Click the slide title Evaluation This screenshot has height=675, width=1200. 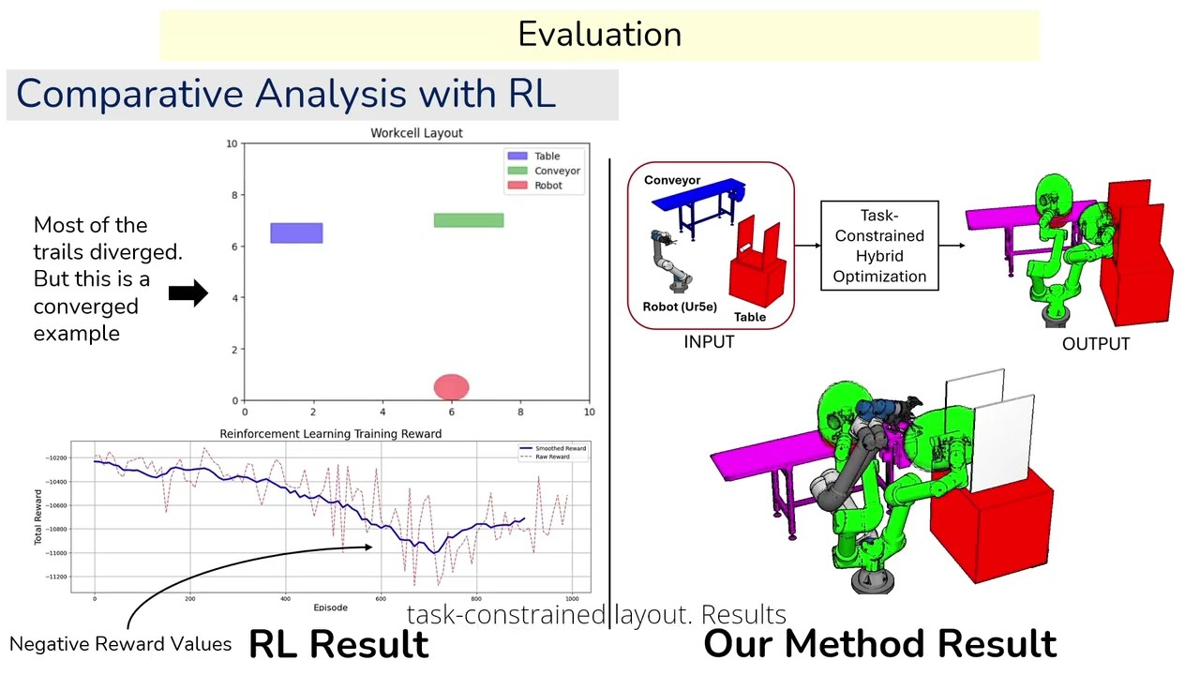tap(599, 35)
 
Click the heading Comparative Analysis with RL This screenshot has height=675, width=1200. tap(286, 94)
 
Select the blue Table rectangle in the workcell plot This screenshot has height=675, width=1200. tap(296, 233)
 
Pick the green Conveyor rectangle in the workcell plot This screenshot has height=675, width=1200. tap(468, 220)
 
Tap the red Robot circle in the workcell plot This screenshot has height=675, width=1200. tap(451, 387)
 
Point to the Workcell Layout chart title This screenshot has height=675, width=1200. tap(416, 133)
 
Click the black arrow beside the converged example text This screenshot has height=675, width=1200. tap(188, 293)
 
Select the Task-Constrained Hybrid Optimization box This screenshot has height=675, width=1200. tap(879, 246)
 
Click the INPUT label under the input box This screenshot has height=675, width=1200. tap(709, 342)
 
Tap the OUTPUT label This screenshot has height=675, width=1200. tap(1095, 344)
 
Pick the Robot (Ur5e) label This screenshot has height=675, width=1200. tap(680, 307)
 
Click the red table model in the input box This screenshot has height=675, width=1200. tap(757, 267)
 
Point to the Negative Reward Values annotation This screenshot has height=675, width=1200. tap(120, 644)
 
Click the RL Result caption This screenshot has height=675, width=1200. tap(338, 644)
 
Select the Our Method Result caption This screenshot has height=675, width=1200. tap(879, 644)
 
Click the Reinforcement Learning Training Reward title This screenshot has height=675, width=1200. tap(330, 433)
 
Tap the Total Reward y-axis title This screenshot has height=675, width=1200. tap(38, 517)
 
